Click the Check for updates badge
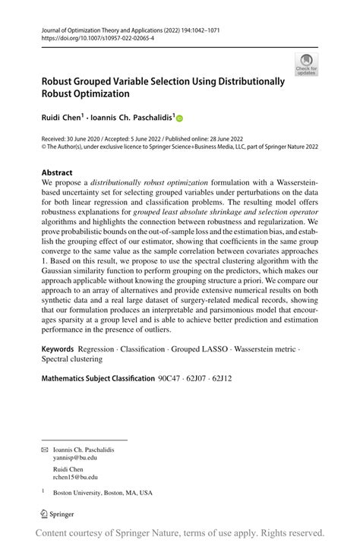pos(306,64)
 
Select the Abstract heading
pos(57,173)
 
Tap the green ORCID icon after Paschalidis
pos(181,118)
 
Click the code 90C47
pos(171,377)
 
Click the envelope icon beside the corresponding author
pos(45,450)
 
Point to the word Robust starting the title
pos(61,81)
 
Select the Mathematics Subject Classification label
pos(97,377)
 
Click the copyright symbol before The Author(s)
pos(45,147)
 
